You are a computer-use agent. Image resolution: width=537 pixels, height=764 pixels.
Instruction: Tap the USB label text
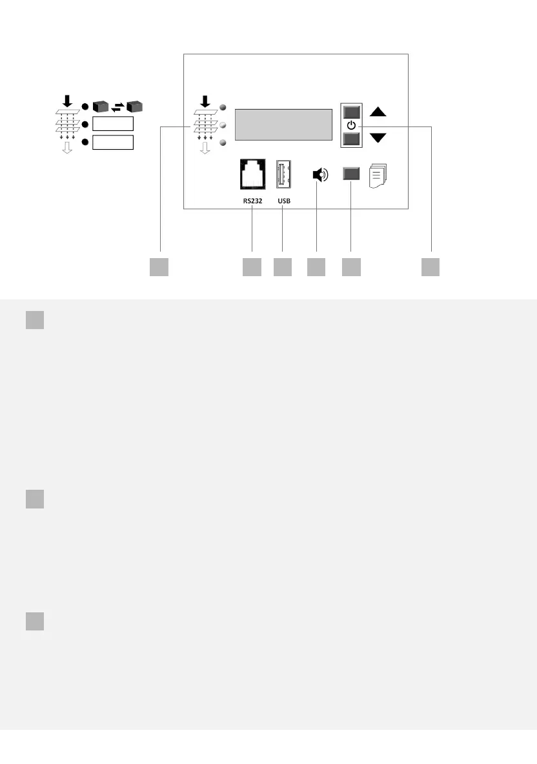[284, 201]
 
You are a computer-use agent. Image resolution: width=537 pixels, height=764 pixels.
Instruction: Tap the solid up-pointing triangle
[378, 112]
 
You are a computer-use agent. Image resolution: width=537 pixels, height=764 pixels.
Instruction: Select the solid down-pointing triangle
[378, 137]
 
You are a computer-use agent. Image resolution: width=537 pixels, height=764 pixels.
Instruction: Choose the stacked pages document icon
[378, 175]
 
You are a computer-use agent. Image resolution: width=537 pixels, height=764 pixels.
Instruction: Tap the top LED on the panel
[223, 107]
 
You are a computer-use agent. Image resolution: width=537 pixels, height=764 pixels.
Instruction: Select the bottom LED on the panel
[223, 143]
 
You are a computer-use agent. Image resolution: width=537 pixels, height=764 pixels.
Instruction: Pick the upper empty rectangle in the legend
[112, 124]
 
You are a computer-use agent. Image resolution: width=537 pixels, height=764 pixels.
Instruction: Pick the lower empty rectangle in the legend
[112, 142]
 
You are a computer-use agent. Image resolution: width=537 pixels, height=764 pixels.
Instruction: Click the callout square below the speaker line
[316, 267]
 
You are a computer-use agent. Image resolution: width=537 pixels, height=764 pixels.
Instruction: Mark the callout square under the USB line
[283, 267]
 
